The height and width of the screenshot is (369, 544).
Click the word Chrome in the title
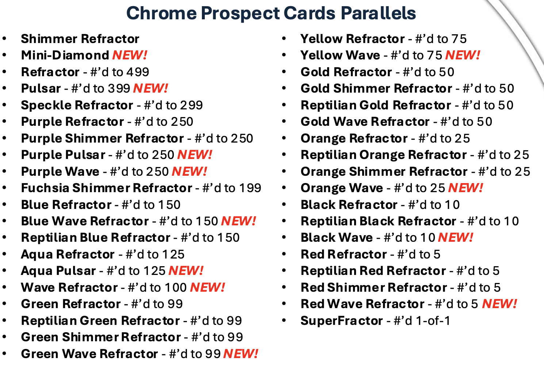pos(161,13)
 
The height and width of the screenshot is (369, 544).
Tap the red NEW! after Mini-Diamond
pos(130,55)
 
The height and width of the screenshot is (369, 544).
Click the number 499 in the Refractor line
pos(138,72)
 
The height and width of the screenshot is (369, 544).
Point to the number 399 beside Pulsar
pos(119,88)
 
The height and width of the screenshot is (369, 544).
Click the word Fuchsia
pos(45,188)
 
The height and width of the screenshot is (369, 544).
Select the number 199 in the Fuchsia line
pos(250,188)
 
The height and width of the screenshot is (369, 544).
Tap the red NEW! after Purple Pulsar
pos(195,155)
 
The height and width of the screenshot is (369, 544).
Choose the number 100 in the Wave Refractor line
pos(176,287)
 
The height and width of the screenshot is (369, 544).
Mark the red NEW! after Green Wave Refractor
pos(241,354)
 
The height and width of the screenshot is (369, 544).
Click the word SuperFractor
pos(342,321)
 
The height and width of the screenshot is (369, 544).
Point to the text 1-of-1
pos(433,321)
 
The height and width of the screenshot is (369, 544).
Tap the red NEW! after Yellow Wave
pos(463,55)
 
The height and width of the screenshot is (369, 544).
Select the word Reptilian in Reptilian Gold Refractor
pos(329,105)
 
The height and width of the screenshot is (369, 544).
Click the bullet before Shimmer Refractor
pos(4,39)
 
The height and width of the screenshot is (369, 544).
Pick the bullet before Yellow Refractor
pos(284,39)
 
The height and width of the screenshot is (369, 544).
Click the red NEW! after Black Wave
pos(455,237)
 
